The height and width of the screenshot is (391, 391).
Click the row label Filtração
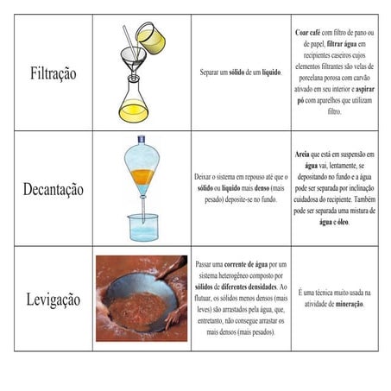point(54,73)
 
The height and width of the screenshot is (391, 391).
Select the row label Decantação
point(54,188)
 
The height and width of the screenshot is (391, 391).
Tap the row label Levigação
point(54,300)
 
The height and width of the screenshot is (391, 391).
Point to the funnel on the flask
point(136,60)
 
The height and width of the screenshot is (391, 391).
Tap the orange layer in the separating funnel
point(141,177)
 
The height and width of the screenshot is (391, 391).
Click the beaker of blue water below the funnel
point(142,227)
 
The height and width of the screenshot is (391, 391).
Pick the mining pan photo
point(141,298)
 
